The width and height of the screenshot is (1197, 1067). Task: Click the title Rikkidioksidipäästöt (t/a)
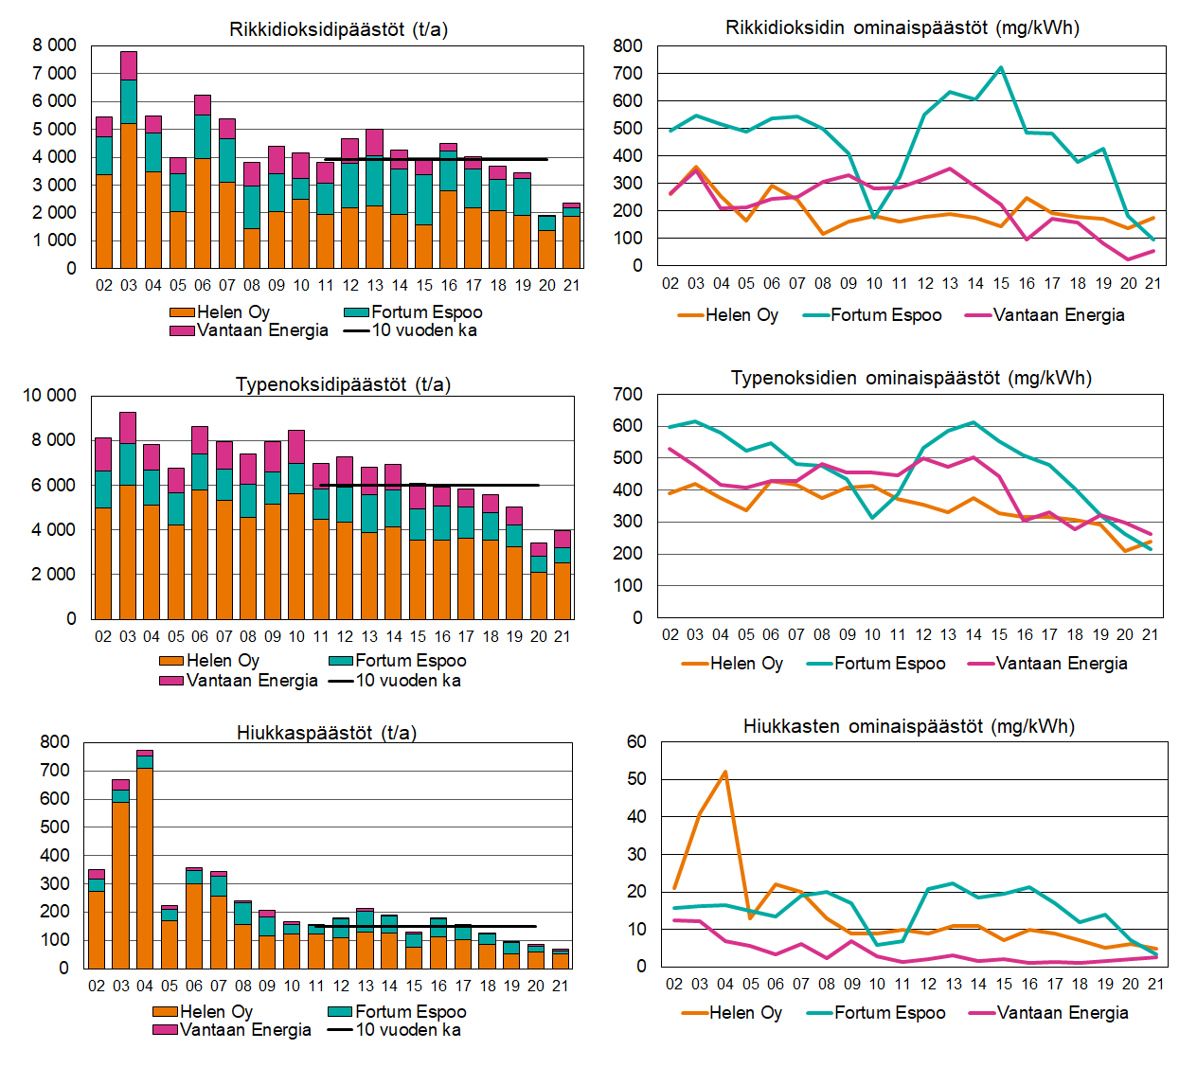[338, 29]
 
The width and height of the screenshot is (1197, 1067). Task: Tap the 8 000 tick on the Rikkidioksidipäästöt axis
[54, 45]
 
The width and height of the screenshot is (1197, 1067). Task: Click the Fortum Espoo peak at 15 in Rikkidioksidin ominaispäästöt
[1001, 68]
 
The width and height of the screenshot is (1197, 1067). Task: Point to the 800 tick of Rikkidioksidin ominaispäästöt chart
[628, 45]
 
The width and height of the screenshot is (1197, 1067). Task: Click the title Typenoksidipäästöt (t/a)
[343, 384]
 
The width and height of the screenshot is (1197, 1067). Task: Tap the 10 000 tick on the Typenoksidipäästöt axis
[49, 395]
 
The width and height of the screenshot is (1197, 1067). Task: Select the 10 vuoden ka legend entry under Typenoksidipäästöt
[407, 681]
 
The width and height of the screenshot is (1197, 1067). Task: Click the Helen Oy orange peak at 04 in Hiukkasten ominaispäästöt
[725, 773]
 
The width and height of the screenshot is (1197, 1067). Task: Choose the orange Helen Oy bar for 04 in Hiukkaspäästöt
[145, 867]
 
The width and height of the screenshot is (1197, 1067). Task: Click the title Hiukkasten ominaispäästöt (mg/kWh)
[908, 726]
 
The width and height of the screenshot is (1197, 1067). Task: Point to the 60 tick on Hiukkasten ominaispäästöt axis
[636, 742]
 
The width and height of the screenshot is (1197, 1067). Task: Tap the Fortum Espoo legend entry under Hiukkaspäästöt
[410, 1011]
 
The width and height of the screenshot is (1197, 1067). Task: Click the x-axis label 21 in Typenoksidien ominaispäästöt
[1150, 634]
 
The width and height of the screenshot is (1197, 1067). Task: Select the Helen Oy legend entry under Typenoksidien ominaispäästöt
[745, 664]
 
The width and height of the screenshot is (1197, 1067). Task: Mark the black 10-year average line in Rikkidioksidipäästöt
[436, 160]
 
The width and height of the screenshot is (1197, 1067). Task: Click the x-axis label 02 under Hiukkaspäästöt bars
[97, 986]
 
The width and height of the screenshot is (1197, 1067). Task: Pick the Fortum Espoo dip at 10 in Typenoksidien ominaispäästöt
[873, 518]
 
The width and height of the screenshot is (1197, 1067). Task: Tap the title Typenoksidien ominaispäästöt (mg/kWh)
[911, 378]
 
